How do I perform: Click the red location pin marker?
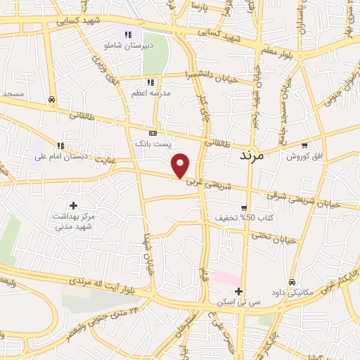point(181,166)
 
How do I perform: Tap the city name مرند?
point(247,155)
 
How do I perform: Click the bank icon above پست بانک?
point(153,132)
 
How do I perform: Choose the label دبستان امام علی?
point(62,156)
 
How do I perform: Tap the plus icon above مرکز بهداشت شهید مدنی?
point(72,205)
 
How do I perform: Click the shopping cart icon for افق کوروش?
point(304,146)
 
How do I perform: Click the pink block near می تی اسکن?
point(226,278)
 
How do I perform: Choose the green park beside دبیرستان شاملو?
point(155,49)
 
